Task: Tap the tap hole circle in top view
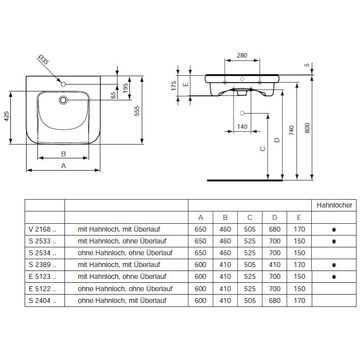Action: pyautogui.click(x=63, y=85)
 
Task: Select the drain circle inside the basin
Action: pyautogui.click(x=63, y=100)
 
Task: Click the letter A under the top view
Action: pyautogui.click(x=63, y=166)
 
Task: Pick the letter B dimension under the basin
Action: pyautogui.click(x=63, y=153)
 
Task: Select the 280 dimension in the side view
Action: pyautogui.click(x=241, y=55)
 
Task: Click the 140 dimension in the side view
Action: pyautogui.click(x=241, y=127)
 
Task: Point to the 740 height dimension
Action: pyautogui.click(x=292, y=130)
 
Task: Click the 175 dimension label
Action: pyautogui.click(x=174, y=85)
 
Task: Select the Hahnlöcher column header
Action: pyautogui.click(x=334, y=206)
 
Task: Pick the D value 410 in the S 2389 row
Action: pyautogui.click(x=274, y=265)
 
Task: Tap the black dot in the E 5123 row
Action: pyautogui.click(x=334, y=276)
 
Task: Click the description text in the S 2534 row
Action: pyautogui.click(x=122, y=253)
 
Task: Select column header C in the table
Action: pyautogui.click(x=249, y=217)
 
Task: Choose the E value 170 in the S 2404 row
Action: pyautogui.click(x=299, y=300)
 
